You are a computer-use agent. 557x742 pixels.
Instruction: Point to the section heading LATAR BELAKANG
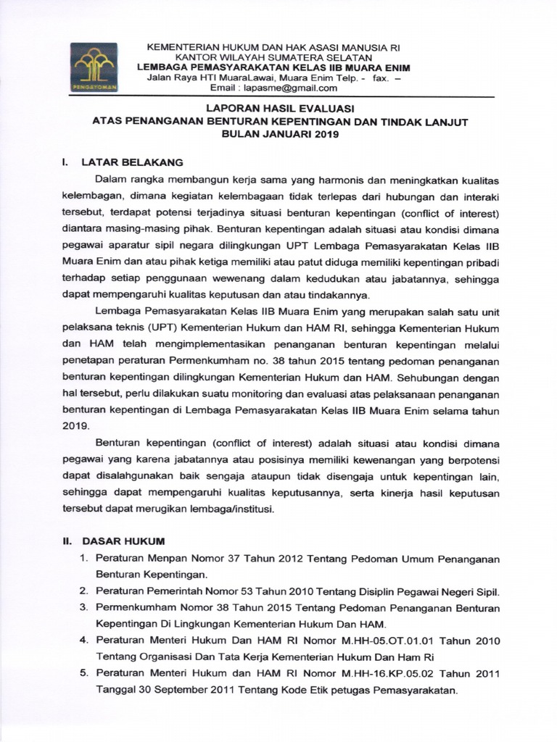pos(132,162)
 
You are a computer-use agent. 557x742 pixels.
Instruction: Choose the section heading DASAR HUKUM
pos(124,541)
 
